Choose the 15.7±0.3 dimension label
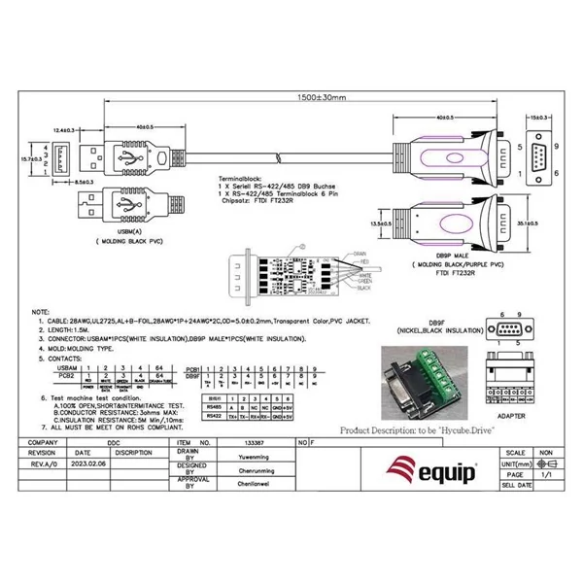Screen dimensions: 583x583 click(32, 156)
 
